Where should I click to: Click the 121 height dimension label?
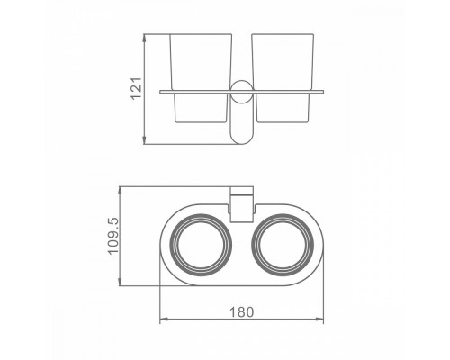click(x=137, y=88)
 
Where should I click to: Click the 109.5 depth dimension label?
click(x=113, y=236)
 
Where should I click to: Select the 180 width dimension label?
click(x=241, y=312)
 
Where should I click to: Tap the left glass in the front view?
click(x=201, y=78)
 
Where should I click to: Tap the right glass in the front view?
click(x=283, y=78)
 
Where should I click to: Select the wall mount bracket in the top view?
click(x=241, y=204)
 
